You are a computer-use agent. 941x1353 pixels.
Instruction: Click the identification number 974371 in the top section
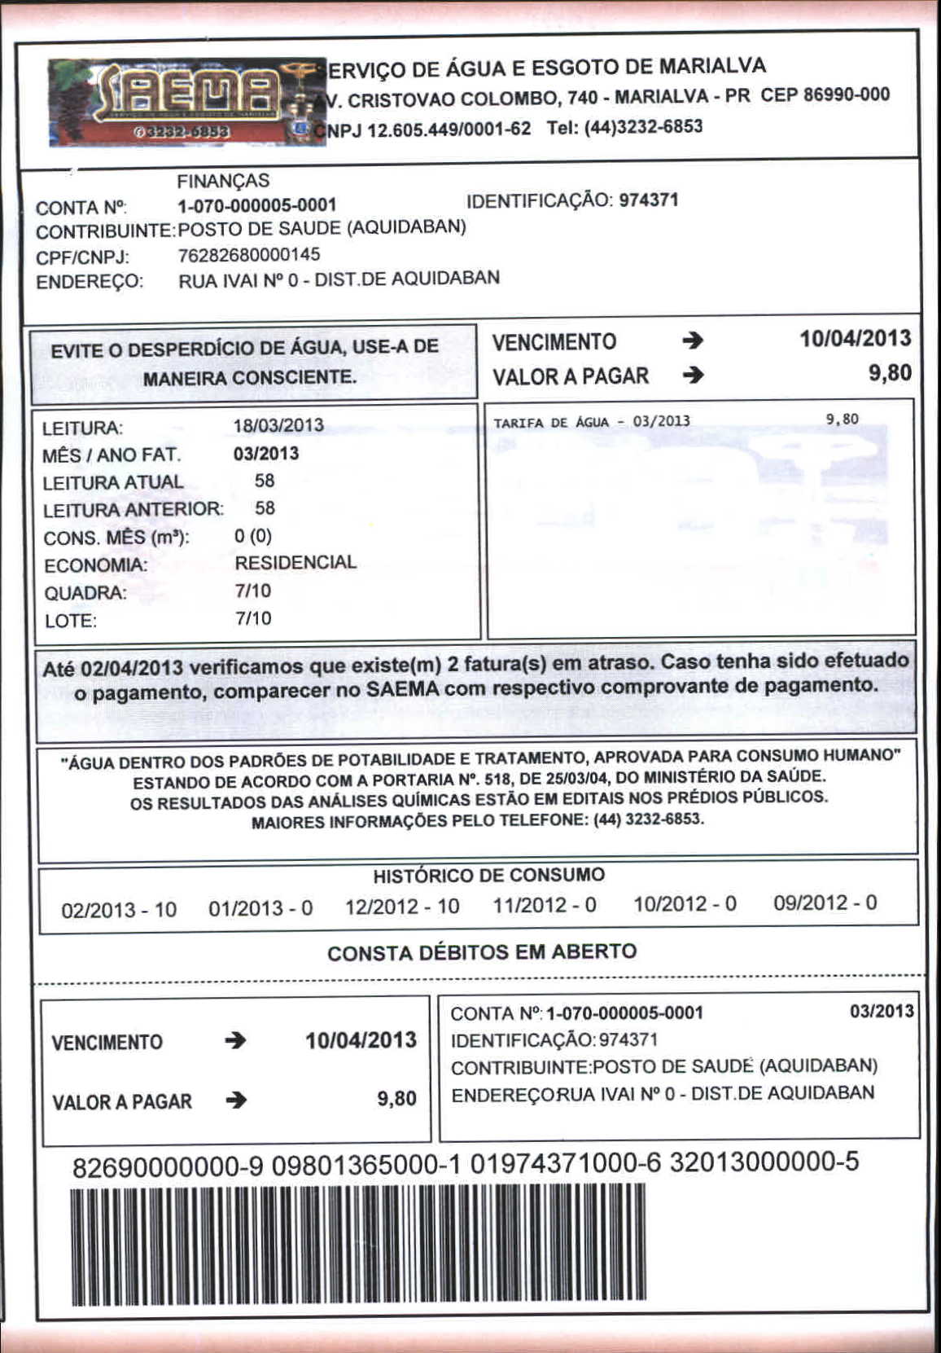tap(649, 200)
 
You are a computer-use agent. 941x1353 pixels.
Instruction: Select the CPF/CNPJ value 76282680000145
tap(249, 255)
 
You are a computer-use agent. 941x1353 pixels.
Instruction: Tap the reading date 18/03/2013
tap(278, 425)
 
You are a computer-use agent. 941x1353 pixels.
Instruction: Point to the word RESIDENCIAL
tap(295, 563)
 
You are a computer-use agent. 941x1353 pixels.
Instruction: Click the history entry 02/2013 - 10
tap(119, 909)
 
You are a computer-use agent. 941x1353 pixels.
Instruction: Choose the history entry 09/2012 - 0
tap(825, 903)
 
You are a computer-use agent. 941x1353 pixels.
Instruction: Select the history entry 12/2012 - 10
tap(402, 907)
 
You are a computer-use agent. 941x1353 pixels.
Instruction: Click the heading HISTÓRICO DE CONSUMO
tap(488, 876)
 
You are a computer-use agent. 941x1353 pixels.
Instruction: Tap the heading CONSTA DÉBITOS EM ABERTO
tap(482, 951)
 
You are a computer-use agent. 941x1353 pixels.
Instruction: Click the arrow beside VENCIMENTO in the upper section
tap(693, 341)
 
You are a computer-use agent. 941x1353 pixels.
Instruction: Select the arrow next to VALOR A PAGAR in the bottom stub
tap(236, 1100)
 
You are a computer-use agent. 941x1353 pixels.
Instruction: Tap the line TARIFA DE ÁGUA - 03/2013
tap(592, 422)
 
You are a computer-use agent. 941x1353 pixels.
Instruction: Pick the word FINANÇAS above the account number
tap(223, 181)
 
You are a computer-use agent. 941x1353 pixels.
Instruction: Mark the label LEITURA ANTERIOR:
tap(133, 510)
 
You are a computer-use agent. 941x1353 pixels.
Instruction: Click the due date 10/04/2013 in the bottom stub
tap(361, 1040)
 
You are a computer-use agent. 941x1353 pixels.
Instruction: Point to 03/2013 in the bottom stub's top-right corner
tap(882, 1011)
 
